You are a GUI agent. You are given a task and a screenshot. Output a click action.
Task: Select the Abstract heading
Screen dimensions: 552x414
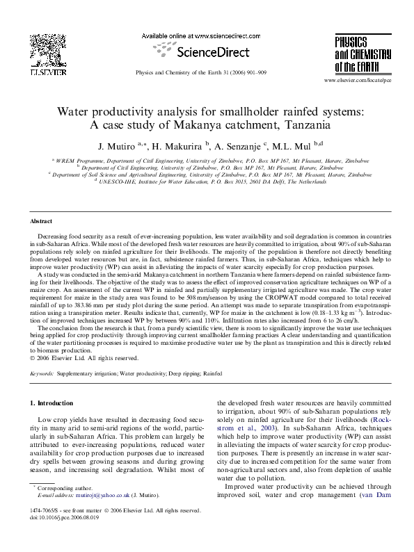(42, 220)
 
